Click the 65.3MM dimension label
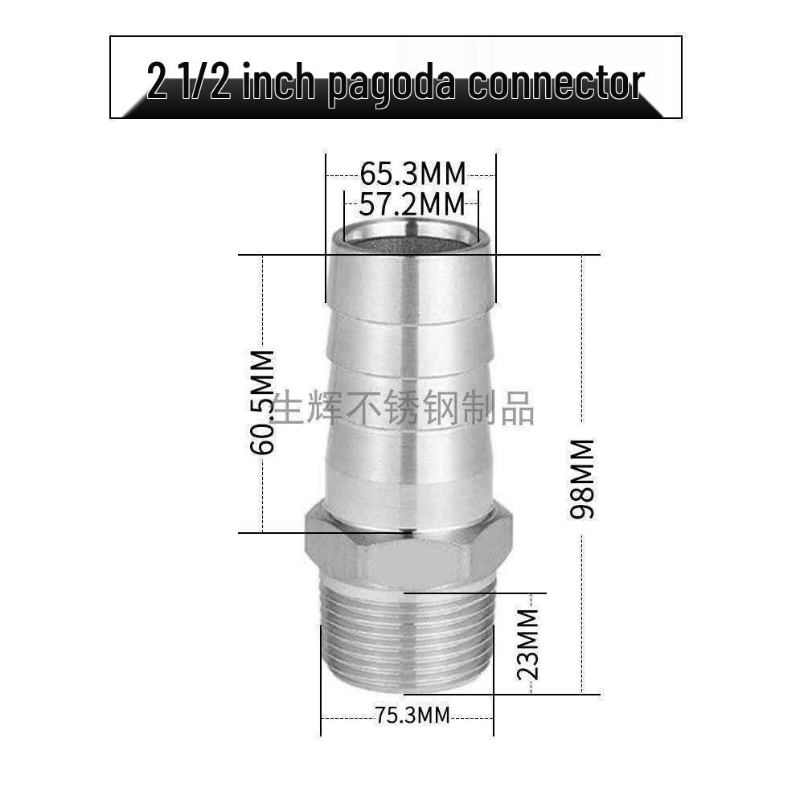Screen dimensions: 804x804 (412, 174)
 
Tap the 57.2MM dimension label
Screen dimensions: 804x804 (412, 204)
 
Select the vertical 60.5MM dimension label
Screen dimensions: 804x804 (262, 403)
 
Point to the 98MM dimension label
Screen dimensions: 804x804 (582, 479)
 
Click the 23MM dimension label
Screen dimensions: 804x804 (528, 645)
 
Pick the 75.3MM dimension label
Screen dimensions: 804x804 (412, 715)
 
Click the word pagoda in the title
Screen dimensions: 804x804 (392, 83)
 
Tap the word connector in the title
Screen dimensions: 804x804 (556, 81)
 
